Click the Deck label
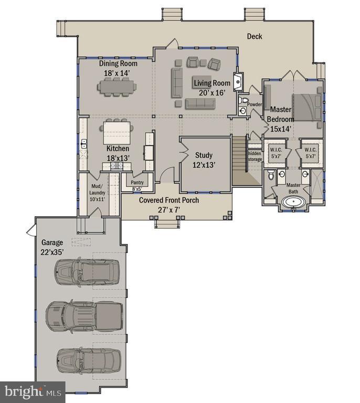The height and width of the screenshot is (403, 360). (255, 36)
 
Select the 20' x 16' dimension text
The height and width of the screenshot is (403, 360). (212, 93)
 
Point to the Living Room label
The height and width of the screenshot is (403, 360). (212, 83)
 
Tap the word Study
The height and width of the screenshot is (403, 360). (204, 155)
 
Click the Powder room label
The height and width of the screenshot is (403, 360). (255, 104)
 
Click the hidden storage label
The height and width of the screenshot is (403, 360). (255, 156)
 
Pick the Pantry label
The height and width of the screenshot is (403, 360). (137, 183)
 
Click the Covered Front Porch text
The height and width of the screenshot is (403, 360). (168, 200)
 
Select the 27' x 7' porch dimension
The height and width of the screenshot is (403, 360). (169, 210)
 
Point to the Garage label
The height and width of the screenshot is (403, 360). (52, 242)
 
